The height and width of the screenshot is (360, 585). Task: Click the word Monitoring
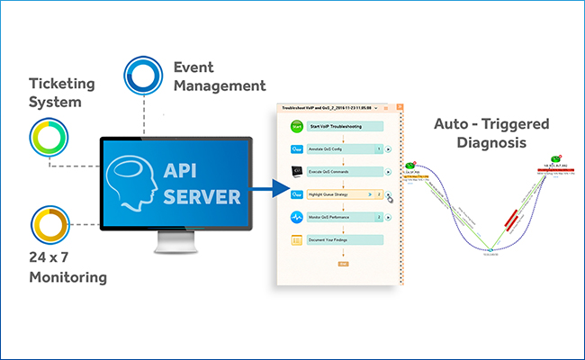[67, 277]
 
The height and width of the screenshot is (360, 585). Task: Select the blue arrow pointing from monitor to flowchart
[267, 190]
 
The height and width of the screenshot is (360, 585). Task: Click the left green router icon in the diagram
[410, 166]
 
